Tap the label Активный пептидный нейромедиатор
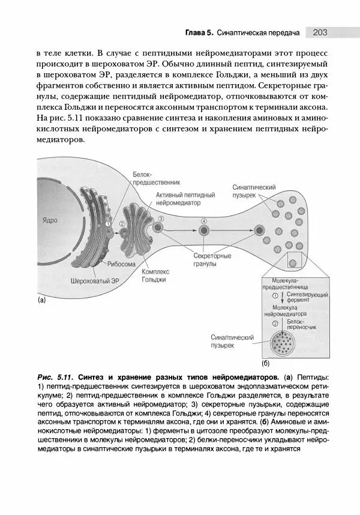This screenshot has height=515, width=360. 185,199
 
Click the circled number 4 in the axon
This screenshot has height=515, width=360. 204,222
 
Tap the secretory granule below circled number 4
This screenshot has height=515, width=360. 204,230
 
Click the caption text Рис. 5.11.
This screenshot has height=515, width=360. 54,377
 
